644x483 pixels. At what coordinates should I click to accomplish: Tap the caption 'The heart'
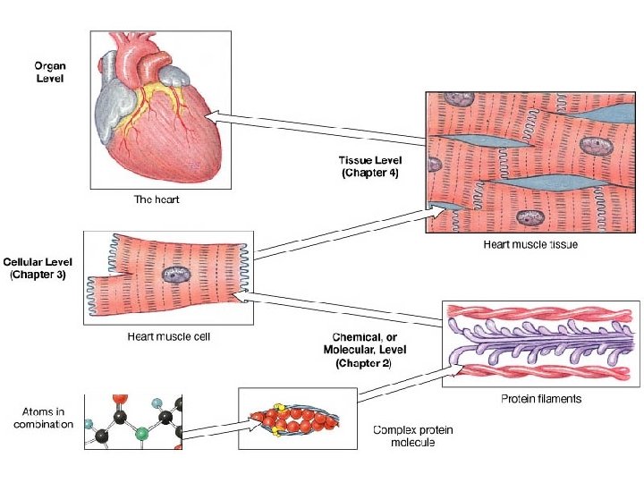(x=157, y=199)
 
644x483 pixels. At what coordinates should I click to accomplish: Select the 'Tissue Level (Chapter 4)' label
(x=369, y=166)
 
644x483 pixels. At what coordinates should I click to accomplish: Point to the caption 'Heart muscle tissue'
(x=530, y=245)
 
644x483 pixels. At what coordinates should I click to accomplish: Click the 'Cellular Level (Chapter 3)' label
(x=35, y=268)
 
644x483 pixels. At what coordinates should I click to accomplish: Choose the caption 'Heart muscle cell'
(x=169, y=336)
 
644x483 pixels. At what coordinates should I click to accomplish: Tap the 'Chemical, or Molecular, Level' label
(x=364, y=348)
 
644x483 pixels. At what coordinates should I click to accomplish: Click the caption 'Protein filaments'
(x=540, y=398)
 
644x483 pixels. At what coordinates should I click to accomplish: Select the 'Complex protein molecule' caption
(x=412, y=436)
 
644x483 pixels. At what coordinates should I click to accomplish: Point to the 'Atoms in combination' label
(x=44, y=417)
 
